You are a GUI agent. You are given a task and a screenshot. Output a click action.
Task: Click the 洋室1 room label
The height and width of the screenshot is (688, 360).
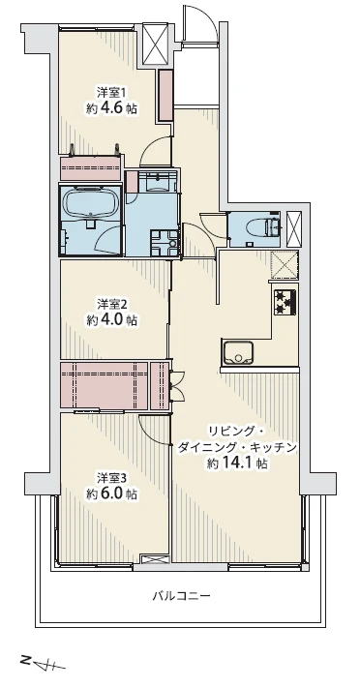(x=111, y=93)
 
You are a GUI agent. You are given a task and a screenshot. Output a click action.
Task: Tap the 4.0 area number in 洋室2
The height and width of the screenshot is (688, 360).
(x=112, y=320)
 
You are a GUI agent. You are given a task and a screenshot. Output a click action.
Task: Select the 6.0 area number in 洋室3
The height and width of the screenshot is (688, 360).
(x=112, y=494)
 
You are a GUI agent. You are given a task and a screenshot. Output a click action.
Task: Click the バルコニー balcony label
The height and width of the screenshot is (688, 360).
(x=181, y=596)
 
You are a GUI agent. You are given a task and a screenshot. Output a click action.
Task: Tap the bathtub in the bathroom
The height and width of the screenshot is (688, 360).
(x=91, y=202)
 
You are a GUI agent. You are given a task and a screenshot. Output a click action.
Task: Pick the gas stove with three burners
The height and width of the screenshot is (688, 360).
(x=285, y=302)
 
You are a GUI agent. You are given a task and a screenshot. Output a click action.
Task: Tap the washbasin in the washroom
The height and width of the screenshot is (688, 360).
(x=158, y=182)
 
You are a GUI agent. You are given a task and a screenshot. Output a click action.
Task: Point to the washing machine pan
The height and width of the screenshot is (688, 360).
(x=164, y=243)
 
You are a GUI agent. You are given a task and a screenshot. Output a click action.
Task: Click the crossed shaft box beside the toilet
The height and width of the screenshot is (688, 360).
(x=293, y=229)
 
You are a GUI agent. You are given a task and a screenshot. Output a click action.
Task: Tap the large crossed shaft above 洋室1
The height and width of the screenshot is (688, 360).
(x=156, y=45)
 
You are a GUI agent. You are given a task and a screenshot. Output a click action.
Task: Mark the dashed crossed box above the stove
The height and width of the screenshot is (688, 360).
(x=285, y=264)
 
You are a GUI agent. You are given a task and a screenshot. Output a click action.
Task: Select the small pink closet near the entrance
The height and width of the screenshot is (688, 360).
(x=165, y=95)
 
